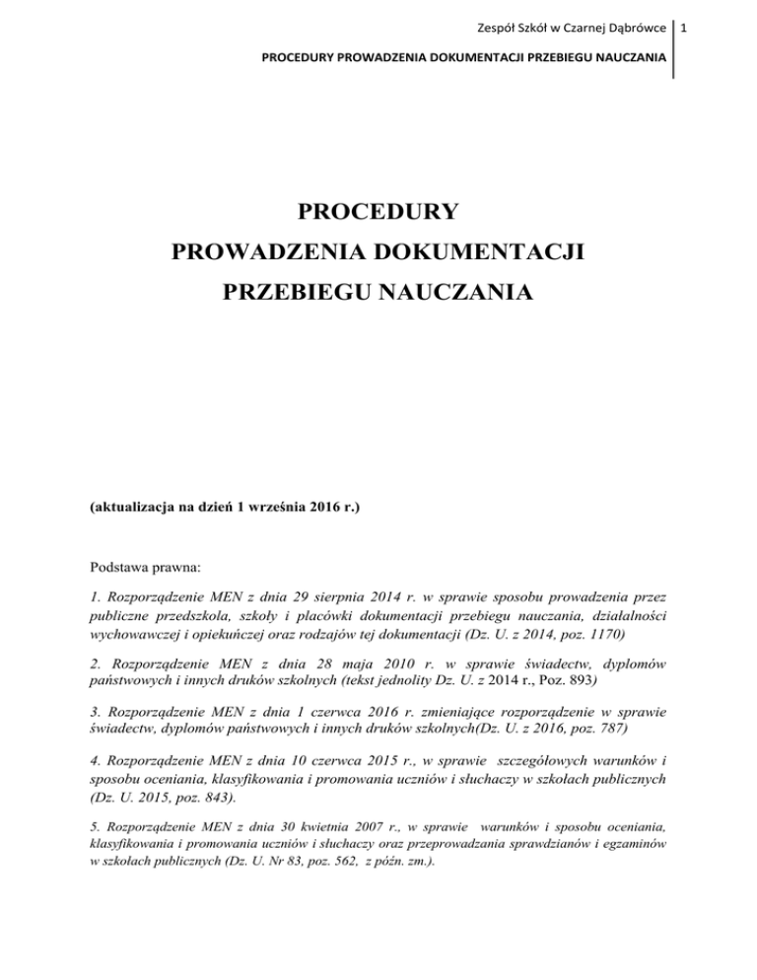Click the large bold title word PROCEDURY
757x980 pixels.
tap(378, 212)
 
